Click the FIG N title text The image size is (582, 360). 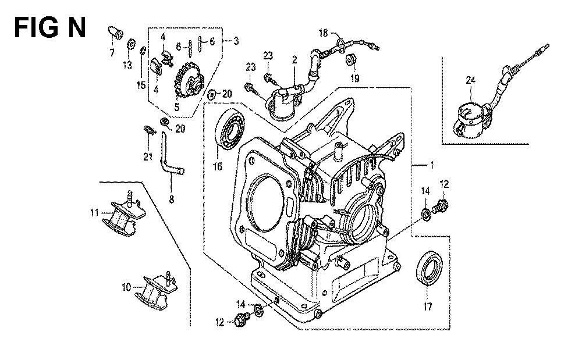[49, 27]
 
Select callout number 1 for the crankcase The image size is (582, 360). [432, 166]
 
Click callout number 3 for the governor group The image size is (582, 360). [235, 41]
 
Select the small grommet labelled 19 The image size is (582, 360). [352, 60]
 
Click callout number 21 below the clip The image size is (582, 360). [148, 156]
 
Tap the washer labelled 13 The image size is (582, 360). [132, 44]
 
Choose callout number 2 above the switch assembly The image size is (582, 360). [295, 59]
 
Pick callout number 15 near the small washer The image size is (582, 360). [140, 85]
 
